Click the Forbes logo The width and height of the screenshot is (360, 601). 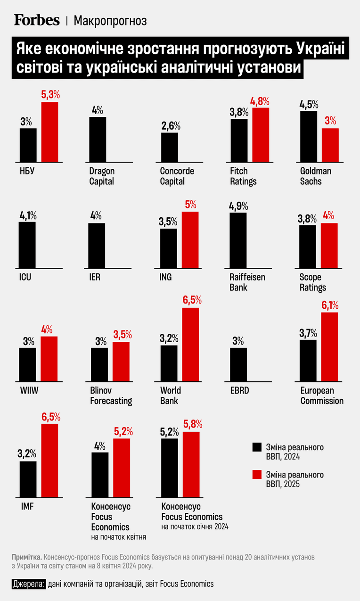click(37, 20)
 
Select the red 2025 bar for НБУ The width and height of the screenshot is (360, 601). click(49, 132)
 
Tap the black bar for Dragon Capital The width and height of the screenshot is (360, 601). click(98, 139)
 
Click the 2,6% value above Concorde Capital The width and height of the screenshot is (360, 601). click(171, 125)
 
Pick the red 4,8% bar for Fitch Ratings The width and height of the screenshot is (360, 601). click(261, 135)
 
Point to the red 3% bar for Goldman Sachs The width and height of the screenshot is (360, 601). click(330, 145)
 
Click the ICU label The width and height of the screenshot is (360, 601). click(25, 277)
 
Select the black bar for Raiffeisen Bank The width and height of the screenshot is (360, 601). click(238, 240)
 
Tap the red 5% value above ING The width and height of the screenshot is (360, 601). click(190, 205)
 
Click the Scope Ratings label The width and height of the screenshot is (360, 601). click(313, 282)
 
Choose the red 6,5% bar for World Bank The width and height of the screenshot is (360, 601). click(191, 345)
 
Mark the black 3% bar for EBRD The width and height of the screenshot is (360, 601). click(238, 365)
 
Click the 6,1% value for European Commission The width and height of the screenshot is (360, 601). click(330, 305)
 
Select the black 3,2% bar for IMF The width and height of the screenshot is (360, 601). click(28, 479)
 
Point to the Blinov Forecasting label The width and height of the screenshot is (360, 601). click(111, 395)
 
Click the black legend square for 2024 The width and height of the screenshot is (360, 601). click(257, 447)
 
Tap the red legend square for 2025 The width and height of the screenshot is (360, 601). click(257, 475)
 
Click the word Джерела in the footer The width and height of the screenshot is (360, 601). click(29, 584)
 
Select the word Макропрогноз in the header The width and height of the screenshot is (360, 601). click(110, 21)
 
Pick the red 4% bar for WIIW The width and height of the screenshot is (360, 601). click(49, 359)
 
